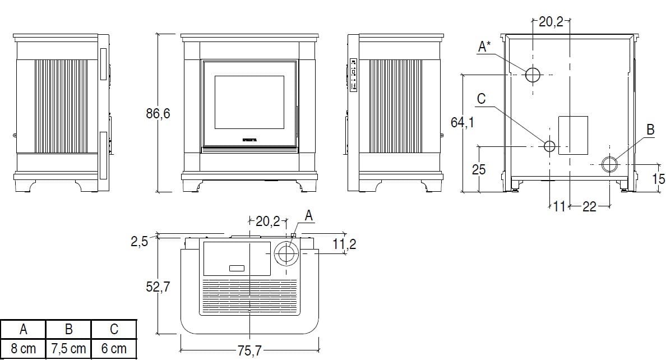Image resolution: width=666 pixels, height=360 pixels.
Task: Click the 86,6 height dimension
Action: (158, 114)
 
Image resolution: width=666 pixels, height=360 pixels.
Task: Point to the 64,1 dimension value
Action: (462, 122)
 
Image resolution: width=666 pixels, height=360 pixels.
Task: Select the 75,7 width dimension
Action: (249, 351)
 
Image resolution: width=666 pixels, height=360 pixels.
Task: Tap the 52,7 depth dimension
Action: (159, 287)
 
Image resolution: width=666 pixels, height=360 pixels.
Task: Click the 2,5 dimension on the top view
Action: (139, 242)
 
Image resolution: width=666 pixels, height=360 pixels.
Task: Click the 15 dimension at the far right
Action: (659, 179)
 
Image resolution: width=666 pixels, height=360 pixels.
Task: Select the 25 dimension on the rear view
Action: (478, 169)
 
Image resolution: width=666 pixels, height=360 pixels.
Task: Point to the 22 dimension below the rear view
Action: (589, 207)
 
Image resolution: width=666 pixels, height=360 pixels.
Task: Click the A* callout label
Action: (484, 47)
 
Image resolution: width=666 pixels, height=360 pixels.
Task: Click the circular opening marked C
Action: (549, 146)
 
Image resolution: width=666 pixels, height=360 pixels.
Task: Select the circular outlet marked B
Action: (609, 164)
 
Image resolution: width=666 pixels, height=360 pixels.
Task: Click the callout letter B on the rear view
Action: (650, 130)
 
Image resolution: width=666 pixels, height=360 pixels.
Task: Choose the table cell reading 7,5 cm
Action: (69, 349)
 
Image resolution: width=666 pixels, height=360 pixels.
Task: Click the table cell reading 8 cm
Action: (23, 349)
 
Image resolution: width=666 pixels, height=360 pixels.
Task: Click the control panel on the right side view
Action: (353, 75)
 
